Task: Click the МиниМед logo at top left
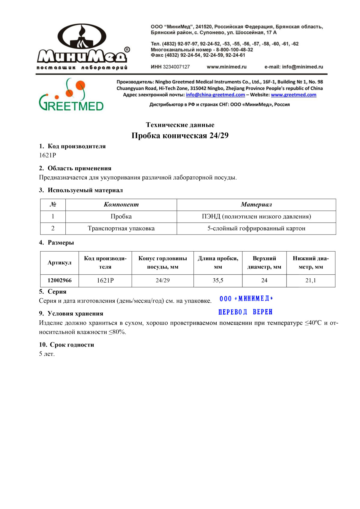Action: tap(82, 46)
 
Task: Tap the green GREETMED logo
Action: tap(71, 95)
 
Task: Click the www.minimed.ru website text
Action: tap(226, 67)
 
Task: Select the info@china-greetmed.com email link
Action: tap(215, 95)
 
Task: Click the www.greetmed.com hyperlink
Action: tap(293, 95)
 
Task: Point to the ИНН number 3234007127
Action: tap(176, 67)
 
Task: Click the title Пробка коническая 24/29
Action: tap(180, 136)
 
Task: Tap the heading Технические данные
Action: tap(180, 125)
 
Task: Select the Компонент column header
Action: tap(121, 205)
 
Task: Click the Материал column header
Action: tap(256, 205)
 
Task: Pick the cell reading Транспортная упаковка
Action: tap(121, 229)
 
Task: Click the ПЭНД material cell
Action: tap(256, 217)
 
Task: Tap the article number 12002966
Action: tap(59, 280)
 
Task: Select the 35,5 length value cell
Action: tap(218, 280)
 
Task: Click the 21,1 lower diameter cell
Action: tap(310, 280)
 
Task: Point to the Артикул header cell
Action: tap(59, 263)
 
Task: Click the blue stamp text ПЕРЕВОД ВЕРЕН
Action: tap(245, 312)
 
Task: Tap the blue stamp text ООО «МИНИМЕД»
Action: tap(246, 298)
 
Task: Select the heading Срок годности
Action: tap(72, 345)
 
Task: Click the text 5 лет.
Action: tap(47, 354)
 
